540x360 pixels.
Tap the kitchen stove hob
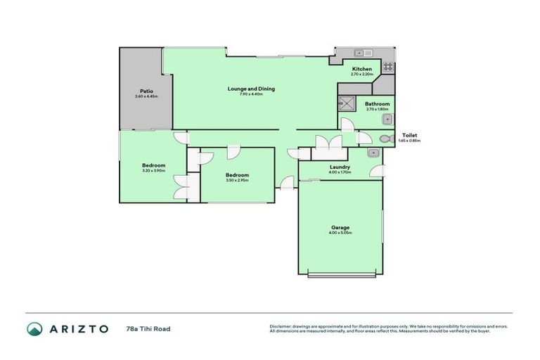point(387,67)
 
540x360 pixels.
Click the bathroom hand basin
point(386,120)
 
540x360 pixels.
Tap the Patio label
point(146,91)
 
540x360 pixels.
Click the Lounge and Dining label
point(250,89)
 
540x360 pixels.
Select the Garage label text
point(340,227)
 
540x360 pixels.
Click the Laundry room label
point(340,167)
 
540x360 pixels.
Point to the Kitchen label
point(361,69)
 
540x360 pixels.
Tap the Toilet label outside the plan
point(409,135)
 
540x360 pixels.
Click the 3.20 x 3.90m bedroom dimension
point(153,171)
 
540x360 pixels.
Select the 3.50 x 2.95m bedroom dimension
point(237,180)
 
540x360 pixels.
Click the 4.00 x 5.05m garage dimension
point(340,233)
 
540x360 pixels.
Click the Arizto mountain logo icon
point(34,328)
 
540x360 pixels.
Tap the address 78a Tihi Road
point(148,328)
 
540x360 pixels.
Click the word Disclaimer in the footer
point(280,326)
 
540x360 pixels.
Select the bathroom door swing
point(347,125)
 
